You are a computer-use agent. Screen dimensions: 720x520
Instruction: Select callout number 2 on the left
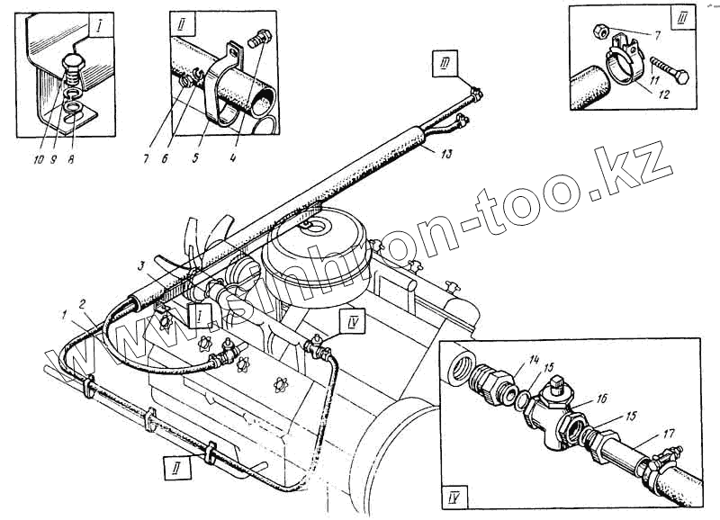coord(82,304)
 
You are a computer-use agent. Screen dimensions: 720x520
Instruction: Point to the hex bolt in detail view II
coord(261,39)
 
